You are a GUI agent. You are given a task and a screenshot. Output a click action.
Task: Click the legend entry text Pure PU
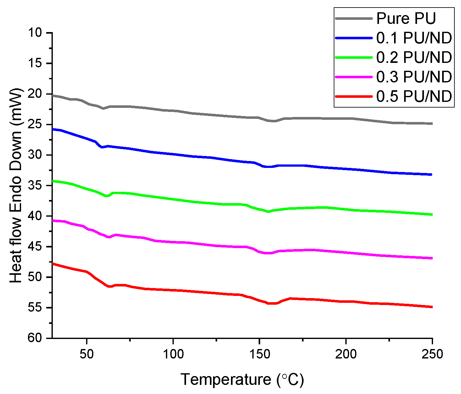click(x=406, y=19)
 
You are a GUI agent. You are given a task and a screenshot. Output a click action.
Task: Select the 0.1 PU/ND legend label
click(x=414, y=38)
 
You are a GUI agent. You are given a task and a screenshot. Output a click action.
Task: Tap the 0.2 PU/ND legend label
click(x=414, y=58)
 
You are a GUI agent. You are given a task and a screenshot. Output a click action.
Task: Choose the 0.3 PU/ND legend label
click(x=414, y=77)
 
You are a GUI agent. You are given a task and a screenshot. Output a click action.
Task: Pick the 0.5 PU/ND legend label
click(x=414, y=96)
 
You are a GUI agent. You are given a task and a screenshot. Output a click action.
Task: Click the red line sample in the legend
click(x=354, y=96)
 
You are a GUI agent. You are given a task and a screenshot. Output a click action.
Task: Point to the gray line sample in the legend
click(x=354, y=19)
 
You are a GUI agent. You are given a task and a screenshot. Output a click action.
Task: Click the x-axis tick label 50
click(x=87, y=354)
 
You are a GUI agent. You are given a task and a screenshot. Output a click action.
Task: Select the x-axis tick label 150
click(x=260, y=354)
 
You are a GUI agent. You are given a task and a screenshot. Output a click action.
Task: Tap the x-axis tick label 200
click(x=346, y=354)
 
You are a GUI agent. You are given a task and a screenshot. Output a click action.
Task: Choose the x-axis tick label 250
click(x=432, y=354)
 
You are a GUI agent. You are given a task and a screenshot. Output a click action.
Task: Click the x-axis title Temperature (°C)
click(x=242, y=380)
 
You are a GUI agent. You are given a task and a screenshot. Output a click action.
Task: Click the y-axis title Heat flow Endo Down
click(x=16, y=186)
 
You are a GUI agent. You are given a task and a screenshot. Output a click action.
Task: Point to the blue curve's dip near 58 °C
click(x=102, y=147)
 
